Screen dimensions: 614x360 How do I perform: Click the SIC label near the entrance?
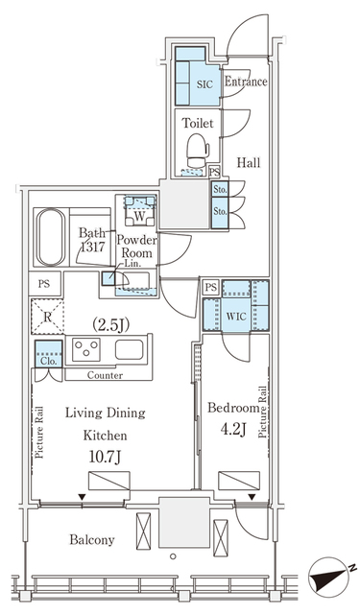click(x=204, y=84)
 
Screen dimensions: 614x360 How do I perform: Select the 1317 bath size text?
click(x=93, y=247)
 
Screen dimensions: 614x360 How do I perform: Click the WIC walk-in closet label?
click(x=236, y=313)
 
